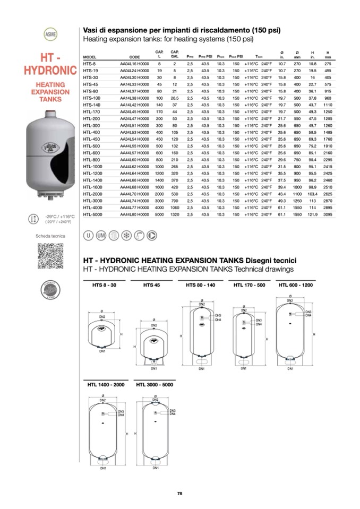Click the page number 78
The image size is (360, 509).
180,494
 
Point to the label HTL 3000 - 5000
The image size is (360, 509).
155,384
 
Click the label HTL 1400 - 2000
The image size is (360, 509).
106,384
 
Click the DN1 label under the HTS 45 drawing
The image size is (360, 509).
153,368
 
